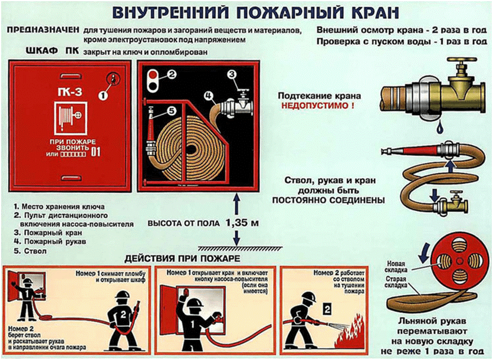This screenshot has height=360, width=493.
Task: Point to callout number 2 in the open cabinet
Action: tap(172, 74)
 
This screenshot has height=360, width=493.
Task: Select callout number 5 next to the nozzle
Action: tap(170, 110)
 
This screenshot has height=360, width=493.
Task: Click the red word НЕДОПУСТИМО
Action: tap(318, 107)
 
